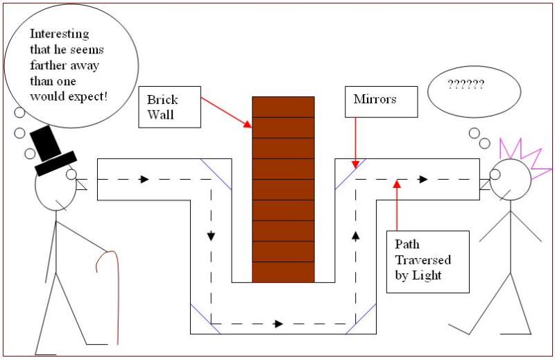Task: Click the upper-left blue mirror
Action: click(x=215, y=174)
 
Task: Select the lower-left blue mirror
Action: click(x=205, y=318)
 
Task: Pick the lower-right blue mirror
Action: click(x=361, y=318)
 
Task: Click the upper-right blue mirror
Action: click(x=351, y=174)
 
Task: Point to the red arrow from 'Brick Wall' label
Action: click(x=225, y=111)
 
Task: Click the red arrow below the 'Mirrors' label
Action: click(x=355, y=142)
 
